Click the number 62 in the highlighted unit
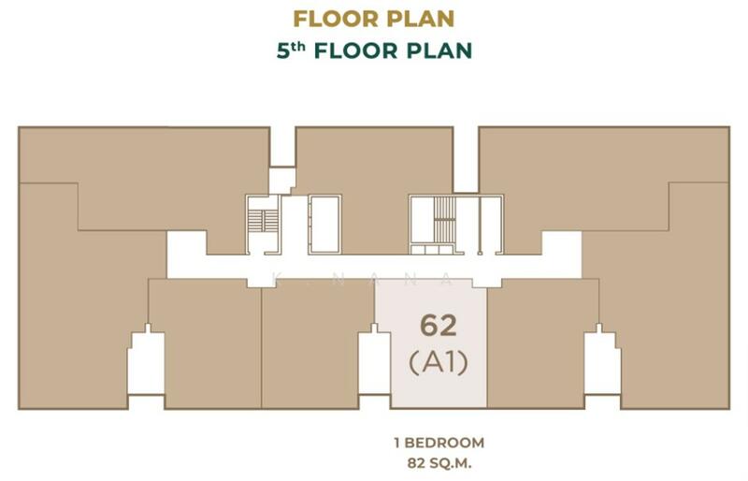(438, 326)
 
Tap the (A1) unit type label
(439, 362)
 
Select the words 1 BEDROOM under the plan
(439, 443)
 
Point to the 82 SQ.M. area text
(439, 462)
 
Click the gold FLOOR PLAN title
(373, 19)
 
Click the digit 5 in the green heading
(283, 51)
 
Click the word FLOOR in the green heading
(356, 51)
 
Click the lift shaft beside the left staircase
(324, 224)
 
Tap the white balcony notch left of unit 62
(375, 364)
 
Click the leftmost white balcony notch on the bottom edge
(147, 365)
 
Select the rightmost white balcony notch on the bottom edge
(602, 365)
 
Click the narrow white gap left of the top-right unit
(466, 160)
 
